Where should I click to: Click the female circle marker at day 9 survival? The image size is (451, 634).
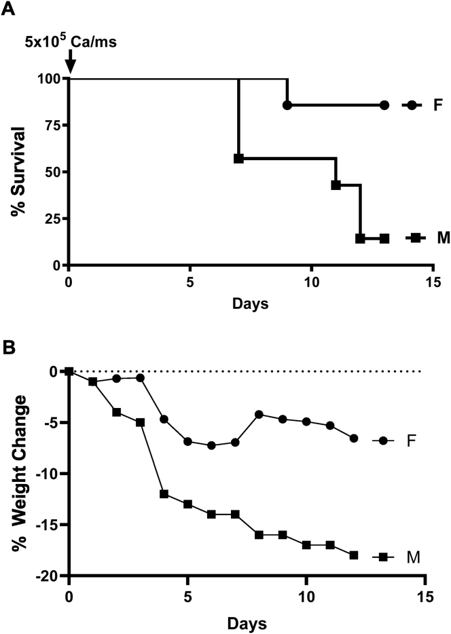pyautogui.click(x=287, y=105)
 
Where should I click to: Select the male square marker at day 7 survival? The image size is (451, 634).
pyautogui.click(x=238, y=158)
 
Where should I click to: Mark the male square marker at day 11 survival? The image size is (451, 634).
pyautogui.click(x=336, y=185)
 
